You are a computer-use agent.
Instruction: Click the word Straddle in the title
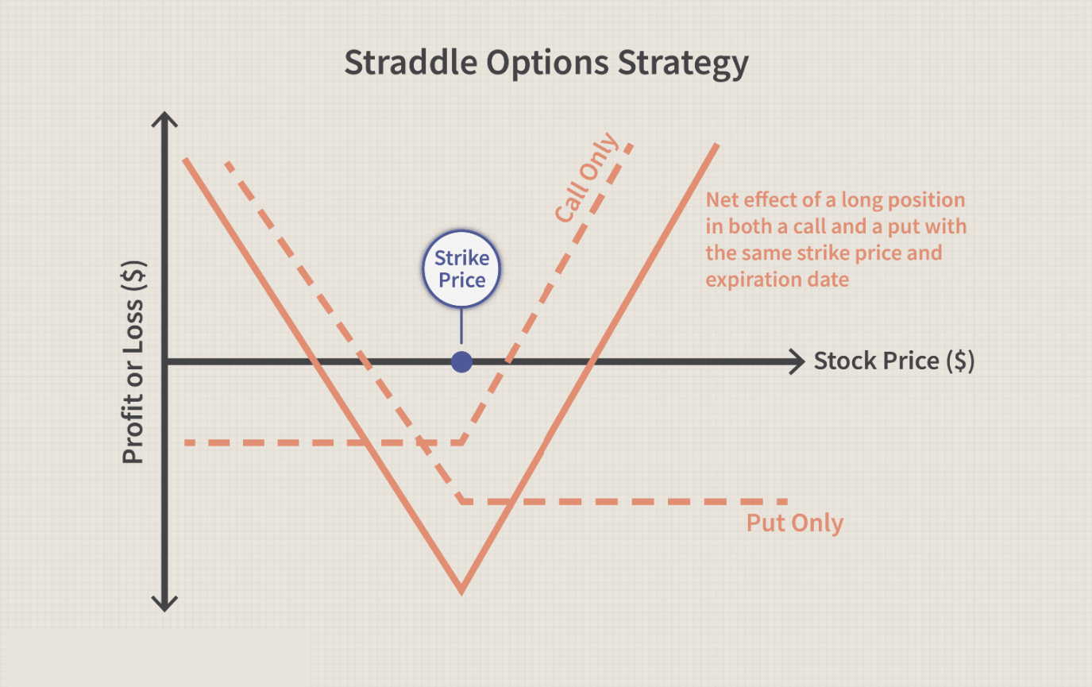point(411,63)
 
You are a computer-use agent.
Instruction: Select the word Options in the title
point(547,64)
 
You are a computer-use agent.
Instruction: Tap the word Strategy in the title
point(683,64)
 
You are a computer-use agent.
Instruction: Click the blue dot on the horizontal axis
point(461,362)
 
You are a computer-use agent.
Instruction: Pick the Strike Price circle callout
point(461,269)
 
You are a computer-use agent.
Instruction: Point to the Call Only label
point(586,177)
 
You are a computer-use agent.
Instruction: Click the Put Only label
point(795,523)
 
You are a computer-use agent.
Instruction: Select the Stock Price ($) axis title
point(894,361)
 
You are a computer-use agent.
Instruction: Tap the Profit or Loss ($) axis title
point(133,362)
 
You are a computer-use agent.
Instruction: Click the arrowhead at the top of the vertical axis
point(164,118)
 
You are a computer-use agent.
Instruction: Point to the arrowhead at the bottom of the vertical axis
point(164,604)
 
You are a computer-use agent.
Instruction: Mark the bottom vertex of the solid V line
point(461,592)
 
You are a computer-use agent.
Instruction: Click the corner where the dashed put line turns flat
point(462,501)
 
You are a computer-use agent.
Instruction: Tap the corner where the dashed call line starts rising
point(462,442)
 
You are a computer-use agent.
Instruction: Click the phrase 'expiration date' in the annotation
point(777,280)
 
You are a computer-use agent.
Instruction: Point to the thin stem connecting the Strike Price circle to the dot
point(461,326)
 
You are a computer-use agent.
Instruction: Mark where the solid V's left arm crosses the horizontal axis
point(314,362)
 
